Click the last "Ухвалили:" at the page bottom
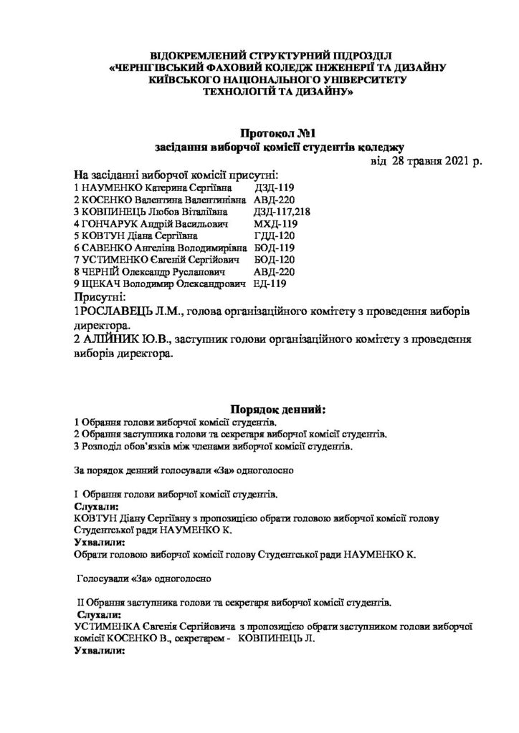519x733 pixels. (100, 653)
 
